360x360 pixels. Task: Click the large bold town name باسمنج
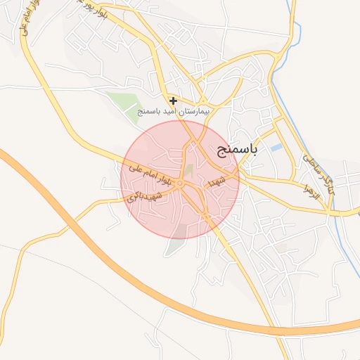pyautogui.click(x=235, y=149)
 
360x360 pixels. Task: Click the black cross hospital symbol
pyautogui.click(x=174, y=101)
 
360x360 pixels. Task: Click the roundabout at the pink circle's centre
pyautogui.click(x=180, y=184)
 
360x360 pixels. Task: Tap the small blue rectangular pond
pyautogui.click(x=276, y=148)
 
